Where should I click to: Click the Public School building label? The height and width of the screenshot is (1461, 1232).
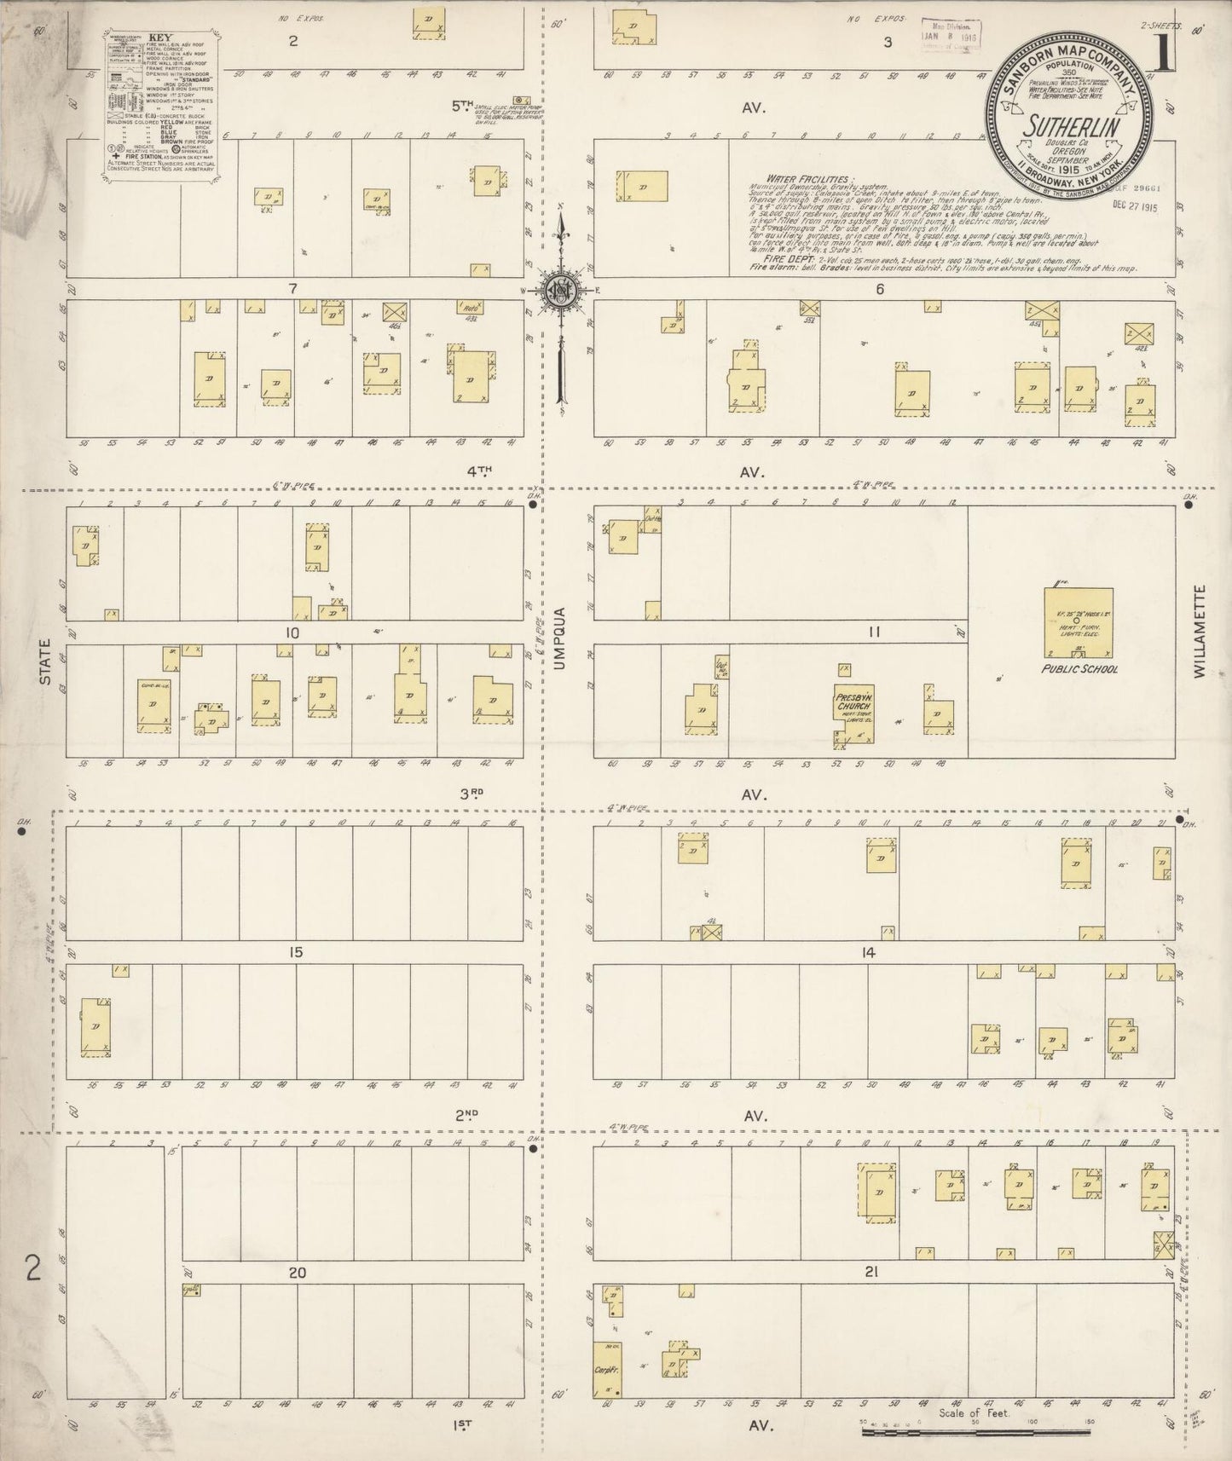click(x=1079, y=669)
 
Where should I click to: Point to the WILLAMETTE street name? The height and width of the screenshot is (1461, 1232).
click(x=1200, y=631)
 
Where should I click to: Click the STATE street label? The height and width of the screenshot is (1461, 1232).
click(x=44, y=662)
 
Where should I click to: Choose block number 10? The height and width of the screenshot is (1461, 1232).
click(x=292, y=632)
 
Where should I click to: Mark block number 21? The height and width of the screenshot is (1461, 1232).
click(x=870, y=1273)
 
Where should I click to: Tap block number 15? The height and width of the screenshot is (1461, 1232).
click(x=295, y=952)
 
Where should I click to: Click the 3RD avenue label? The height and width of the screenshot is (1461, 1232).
click(x=471, y=793)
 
